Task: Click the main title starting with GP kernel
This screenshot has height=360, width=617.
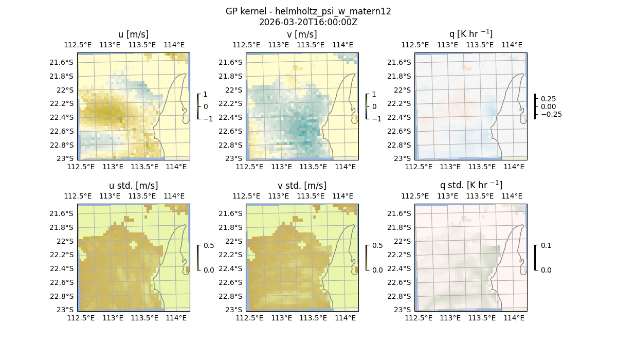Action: point(308,11)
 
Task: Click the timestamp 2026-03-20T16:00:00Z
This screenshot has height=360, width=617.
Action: point(308,22)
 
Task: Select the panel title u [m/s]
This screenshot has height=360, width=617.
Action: point(133,34)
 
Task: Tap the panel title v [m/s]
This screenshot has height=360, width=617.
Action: point(302,34)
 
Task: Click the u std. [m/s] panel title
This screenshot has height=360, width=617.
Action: point(133,186)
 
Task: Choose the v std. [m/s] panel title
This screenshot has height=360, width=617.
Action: point(302,186)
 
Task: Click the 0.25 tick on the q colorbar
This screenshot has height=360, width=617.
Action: point(548,99)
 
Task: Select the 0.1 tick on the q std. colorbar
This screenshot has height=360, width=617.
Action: point(546,246)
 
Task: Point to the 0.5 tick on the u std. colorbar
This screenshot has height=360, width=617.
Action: point(208,246)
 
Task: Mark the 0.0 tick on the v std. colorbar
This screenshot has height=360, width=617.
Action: point(377,270)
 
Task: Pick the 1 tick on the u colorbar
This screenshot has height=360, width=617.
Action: point(206,95)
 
